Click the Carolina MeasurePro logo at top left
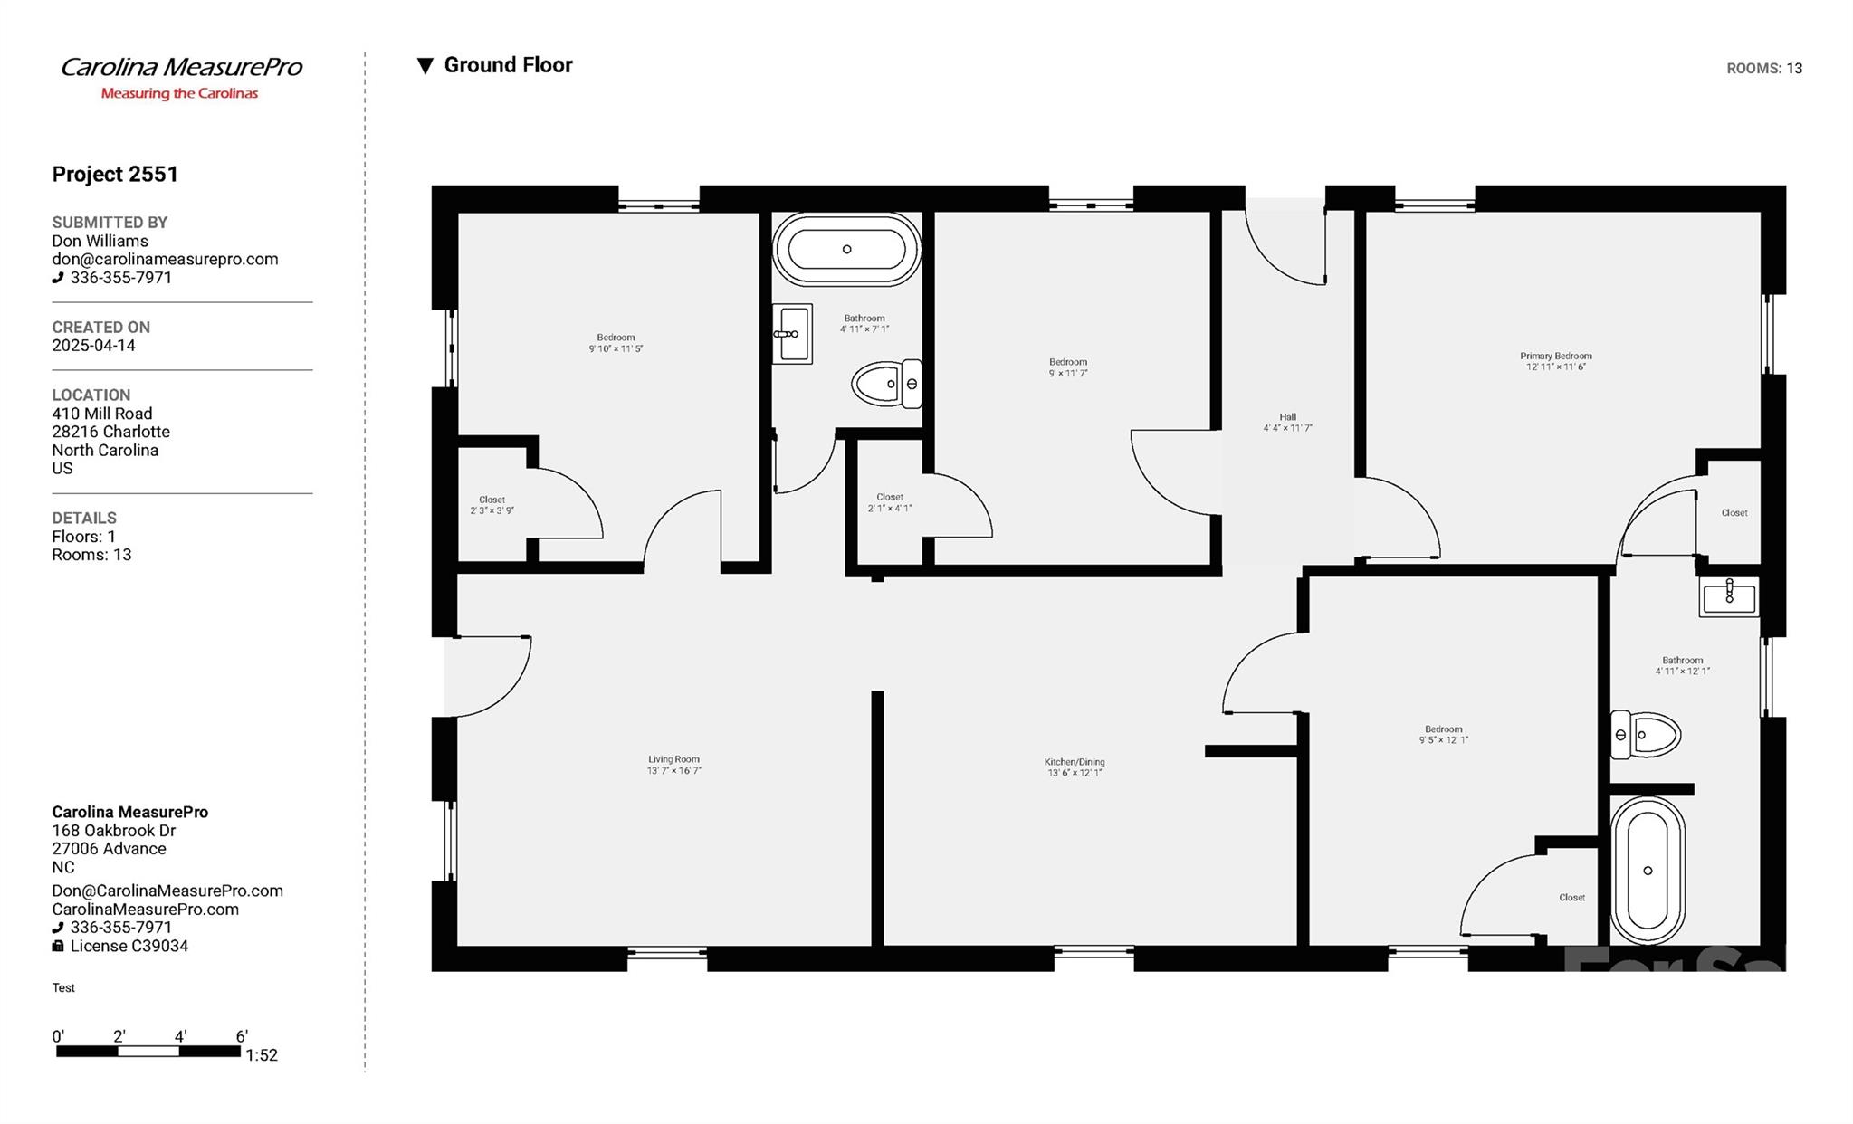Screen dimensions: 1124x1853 tap(180, 77)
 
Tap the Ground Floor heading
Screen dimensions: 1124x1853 tap(507, 65)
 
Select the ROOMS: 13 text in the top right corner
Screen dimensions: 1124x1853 tap(1763, 69)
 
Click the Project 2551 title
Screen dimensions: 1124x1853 tap(115, 174)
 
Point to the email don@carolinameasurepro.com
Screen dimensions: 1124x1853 tap(165, 259)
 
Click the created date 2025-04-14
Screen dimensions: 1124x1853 tap(93, 346)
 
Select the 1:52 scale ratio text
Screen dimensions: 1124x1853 tap(262, 1055)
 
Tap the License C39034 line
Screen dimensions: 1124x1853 tap(129, 946)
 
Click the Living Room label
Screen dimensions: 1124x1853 tap(673, 765)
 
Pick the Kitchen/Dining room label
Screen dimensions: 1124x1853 tap(1074, 767)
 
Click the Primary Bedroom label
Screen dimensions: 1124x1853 tap(1555, 361)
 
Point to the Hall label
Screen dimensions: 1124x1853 tap(1287, 423)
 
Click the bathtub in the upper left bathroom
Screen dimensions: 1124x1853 tap(846, 249)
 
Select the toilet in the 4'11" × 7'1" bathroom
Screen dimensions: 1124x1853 tap(885, 384)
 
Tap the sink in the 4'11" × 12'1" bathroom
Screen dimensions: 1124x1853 tap(1728, 596)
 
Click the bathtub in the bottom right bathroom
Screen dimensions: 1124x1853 tap(1647, 870)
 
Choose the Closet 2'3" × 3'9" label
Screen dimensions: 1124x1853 tap(492, 505)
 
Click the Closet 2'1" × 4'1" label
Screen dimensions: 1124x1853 tap(889, 502)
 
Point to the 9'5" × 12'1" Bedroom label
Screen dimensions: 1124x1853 tap(1443, 734)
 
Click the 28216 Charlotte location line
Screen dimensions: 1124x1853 tap(110, 432)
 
